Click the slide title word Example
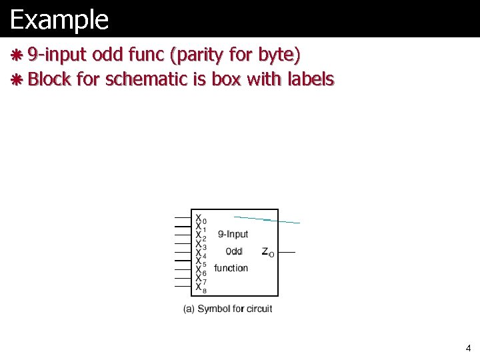59,20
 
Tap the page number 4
468,348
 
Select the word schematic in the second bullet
156,80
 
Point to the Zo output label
267,252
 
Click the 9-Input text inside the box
233,234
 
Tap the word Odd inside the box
234,251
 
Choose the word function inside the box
231,268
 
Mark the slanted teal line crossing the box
267,219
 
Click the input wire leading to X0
183,218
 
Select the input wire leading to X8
183,287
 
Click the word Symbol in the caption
214,309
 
